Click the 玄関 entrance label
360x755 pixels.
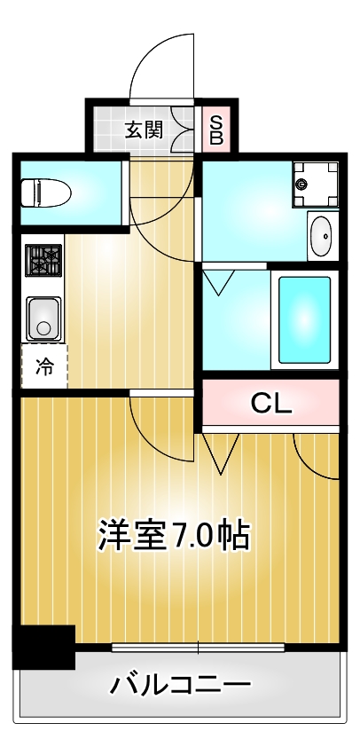142,130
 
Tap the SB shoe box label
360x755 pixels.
215,130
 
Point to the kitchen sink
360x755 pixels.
42,318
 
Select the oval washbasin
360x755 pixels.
323,235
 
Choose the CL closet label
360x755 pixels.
271,404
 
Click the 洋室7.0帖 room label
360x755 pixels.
173,536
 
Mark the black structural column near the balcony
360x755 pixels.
42,648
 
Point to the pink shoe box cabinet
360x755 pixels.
215,130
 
